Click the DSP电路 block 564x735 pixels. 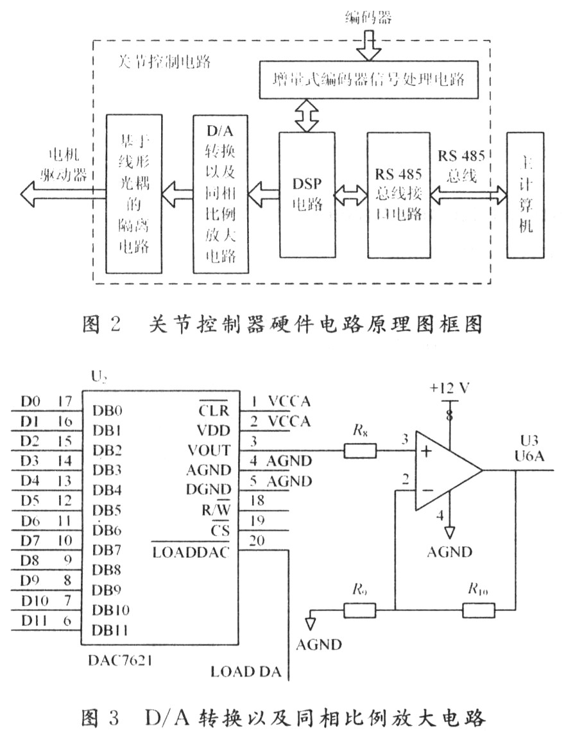click(307, 193)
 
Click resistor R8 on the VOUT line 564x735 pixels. click(360, 451)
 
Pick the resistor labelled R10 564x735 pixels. click(479, 609)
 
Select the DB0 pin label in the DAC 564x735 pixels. click(107, 410)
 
